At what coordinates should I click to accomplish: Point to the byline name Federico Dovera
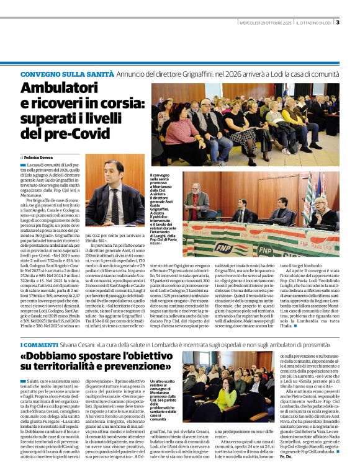pyautogui.click(x=44, y=158)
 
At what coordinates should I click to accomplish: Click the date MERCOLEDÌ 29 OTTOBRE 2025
pyautogui.click(x=265, y=24)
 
